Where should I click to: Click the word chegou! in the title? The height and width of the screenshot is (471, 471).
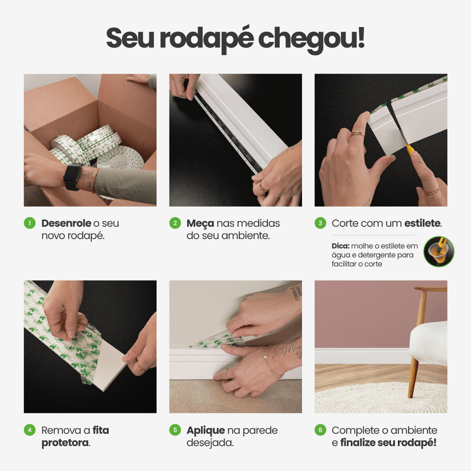click(x=311, y=39)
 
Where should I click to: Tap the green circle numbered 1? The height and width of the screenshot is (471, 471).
click(x=30, y=223)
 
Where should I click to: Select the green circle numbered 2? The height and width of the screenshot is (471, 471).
click(x=175, y=223)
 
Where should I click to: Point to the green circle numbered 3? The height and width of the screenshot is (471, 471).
click(x=320, y=223)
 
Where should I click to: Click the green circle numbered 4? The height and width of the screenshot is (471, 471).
click(x=30, y=430)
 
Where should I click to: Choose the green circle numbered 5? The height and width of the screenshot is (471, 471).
click(x=175, y=430)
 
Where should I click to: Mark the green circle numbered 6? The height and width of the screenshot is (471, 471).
click(x=320, y=430)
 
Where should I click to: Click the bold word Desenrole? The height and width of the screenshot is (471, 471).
click(x=66, y=223)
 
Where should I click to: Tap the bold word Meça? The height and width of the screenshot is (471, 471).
click(x=200, y=224)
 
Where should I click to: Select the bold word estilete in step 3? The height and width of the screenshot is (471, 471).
click(x=422, y=223)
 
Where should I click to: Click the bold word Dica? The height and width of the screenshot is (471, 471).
click(x=341, y=246)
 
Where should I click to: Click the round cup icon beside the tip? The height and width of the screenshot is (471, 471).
click(x=438, y=252)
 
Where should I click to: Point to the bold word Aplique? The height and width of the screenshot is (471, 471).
click(x=205, y=431)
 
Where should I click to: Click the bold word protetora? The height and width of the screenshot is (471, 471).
click(x=65, y=443)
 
